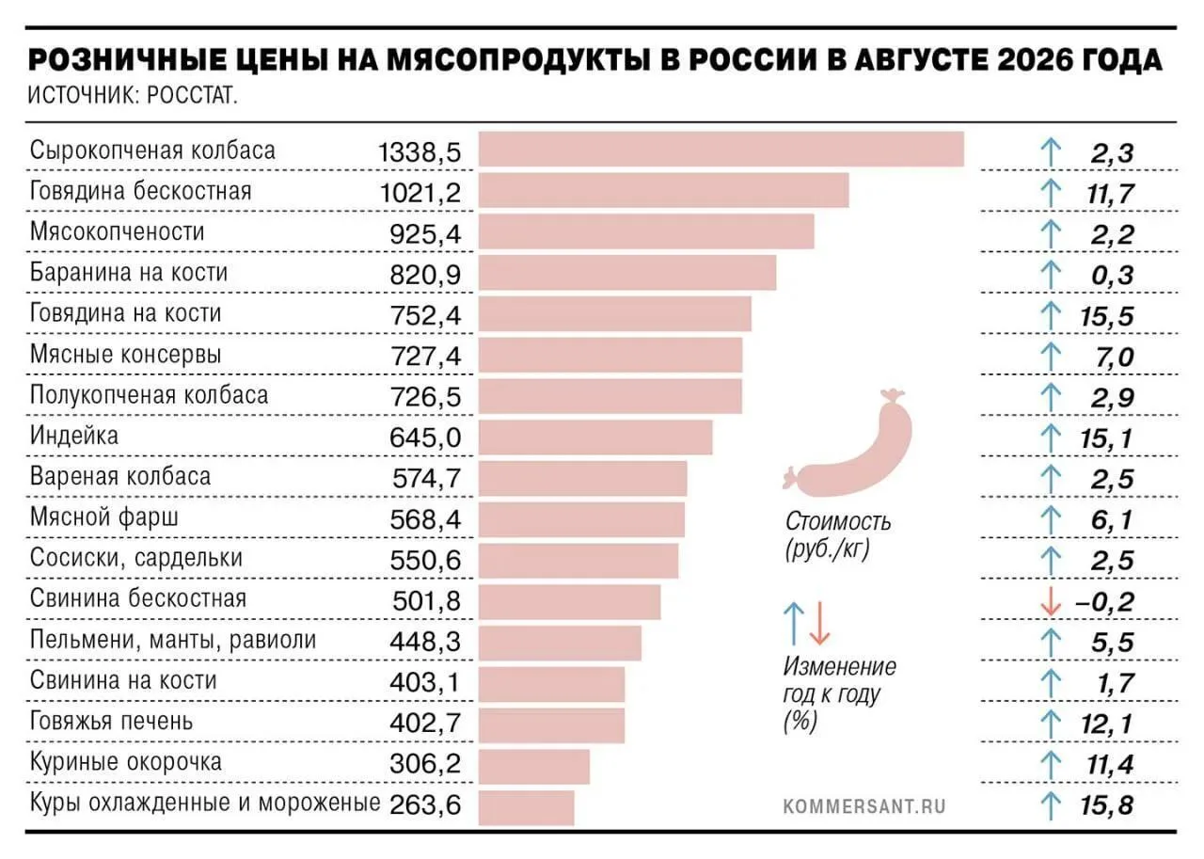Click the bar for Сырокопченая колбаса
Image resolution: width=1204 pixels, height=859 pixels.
(721, 149)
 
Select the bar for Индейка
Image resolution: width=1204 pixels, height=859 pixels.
(595, 437)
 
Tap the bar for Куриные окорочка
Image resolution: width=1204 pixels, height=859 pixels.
(533, 767)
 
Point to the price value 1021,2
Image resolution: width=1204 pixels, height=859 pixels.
(420, 193)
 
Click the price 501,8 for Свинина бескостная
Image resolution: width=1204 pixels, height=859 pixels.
(426, 600)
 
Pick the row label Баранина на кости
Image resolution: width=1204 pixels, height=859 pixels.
(129, 272)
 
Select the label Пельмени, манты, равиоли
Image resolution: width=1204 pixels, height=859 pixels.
(173, 640)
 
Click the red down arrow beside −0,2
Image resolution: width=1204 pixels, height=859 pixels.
(1051, 601)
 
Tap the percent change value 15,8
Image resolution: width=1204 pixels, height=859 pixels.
(1107, 805)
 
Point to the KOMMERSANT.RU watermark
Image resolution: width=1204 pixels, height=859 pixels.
(864, 807)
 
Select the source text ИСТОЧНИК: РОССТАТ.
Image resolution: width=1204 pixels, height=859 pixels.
(133, 96)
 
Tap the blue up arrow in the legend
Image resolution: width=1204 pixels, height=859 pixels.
(794, 624)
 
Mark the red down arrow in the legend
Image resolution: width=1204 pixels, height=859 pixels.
(819, 624)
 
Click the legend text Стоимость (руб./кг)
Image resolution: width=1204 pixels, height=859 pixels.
(838, 535)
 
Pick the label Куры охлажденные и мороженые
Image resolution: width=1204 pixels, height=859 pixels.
(205, 803)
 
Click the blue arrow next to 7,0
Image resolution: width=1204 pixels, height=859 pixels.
(1051, 357)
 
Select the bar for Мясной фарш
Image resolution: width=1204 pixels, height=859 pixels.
(581, 519)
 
